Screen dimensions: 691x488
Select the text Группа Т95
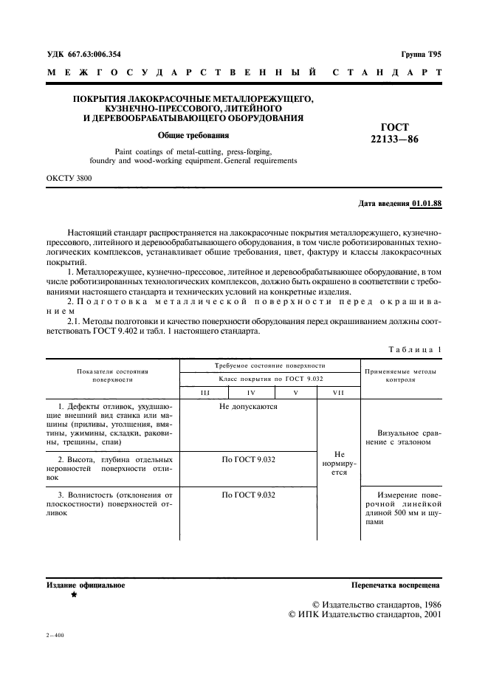421,54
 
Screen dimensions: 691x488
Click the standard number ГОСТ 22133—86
394,133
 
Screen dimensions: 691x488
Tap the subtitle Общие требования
193,135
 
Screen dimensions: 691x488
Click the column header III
205,393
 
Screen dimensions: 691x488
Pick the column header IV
251,393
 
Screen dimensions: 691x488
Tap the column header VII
338,393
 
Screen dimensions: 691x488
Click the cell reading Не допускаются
248,407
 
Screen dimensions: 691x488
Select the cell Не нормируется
339,463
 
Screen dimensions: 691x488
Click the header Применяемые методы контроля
400,375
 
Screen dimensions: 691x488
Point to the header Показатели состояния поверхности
111,375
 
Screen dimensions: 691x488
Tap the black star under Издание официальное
73,594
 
